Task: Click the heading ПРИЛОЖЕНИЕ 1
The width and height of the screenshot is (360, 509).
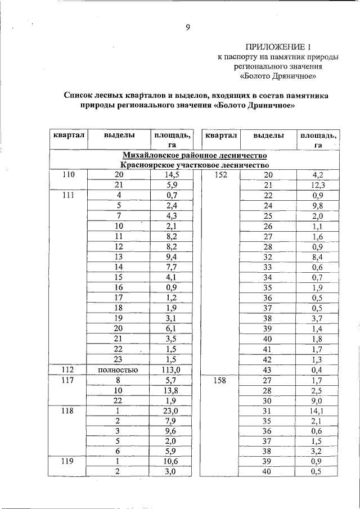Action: (x=278, y=46)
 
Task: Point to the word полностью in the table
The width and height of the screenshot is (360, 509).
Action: (x=119, y=370)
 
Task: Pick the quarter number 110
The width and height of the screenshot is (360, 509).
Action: (x=68, y=175)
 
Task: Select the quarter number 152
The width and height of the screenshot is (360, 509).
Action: (x=220, y=175)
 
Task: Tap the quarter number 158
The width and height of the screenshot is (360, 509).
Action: (x=220, y=380)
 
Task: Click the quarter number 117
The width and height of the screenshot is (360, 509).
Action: (x=68, y=380)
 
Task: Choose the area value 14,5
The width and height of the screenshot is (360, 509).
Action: (x=172, y=175)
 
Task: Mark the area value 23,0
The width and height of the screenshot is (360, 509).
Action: (x=172, y=411)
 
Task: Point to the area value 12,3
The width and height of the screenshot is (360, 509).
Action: (x=317, y=185)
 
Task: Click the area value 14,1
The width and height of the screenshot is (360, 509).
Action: (x=317, y=411)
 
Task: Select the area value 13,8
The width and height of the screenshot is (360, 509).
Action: (x=172, y=390)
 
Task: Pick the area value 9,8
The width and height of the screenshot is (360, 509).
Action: (x=317, y=205)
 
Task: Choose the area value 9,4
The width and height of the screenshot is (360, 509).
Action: (x=172, y=257)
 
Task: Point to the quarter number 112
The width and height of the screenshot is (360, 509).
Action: (x=68, y=370)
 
